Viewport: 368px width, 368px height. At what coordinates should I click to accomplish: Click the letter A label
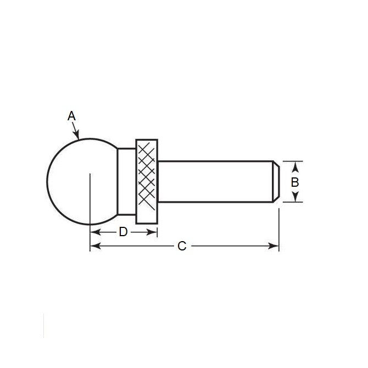[x=71, y=116]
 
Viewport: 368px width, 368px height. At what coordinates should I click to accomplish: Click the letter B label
[x=295, y=182]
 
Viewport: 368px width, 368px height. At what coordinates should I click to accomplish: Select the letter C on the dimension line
[x=182, y=247]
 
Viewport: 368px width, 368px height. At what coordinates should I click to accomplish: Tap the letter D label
[x=123, y=232]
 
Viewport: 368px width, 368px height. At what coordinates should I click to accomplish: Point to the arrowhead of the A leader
[x=79, y=136]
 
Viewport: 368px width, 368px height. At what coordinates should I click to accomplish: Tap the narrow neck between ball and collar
[x=126, y=181]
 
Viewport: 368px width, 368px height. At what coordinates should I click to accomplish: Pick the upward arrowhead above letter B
[x=295, y=165]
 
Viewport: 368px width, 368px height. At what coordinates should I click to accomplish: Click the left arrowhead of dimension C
[x=94, y=247]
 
